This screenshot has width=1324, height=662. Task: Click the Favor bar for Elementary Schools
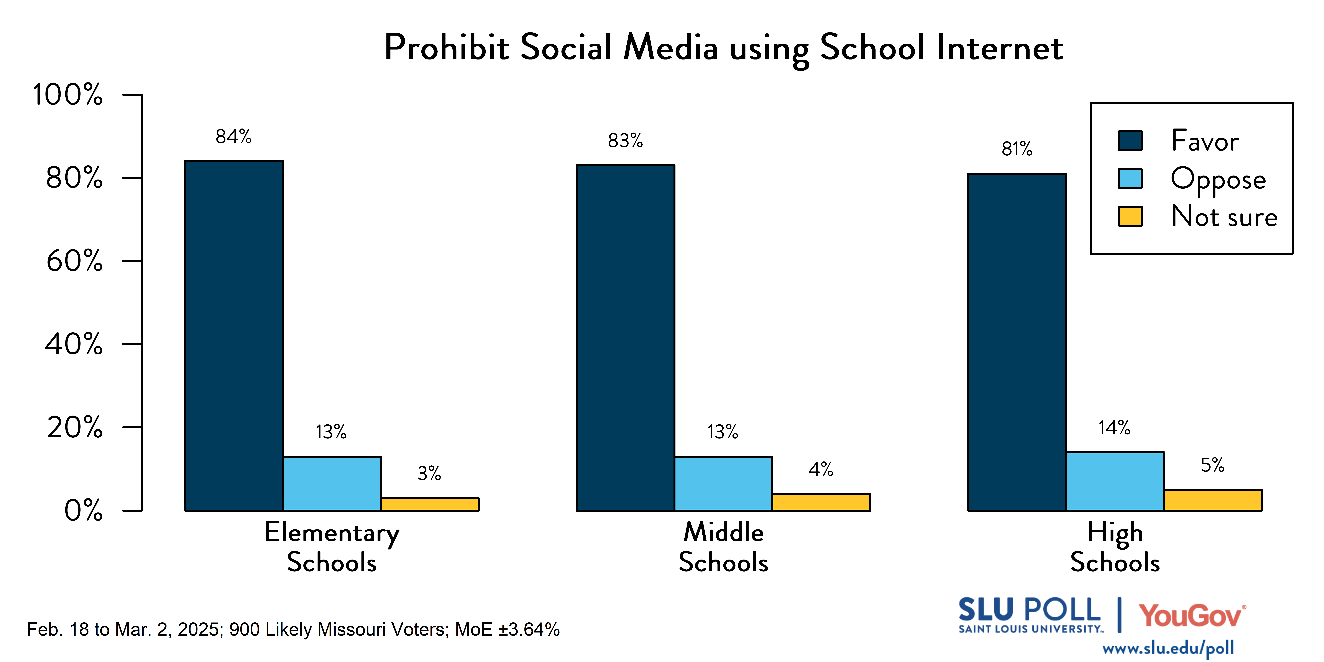point(234,336)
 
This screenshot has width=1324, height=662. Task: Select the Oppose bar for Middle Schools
point(723,483)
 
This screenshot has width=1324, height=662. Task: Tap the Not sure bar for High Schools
point(1213,500)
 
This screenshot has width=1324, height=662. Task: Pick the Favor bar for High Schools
point(1017,342)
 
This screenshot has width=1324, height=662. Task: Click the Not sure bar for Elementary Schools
point(430,504)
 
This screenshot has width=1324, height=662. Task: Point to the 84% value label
point(233,137)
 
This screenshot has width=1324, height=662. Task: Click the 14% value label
point(1114,428)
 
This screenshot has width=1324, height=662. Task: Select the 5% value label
point(1212,465)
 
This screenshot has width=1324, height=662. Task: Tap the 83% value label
point(625,140)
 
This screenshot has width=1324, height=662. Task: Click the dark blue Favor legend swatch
point(1130,140)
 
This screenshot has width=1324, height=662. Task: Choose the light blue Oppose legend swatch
point(1130,178)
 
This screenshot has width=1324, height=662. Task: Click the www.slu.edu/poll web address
point(1168,648)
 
